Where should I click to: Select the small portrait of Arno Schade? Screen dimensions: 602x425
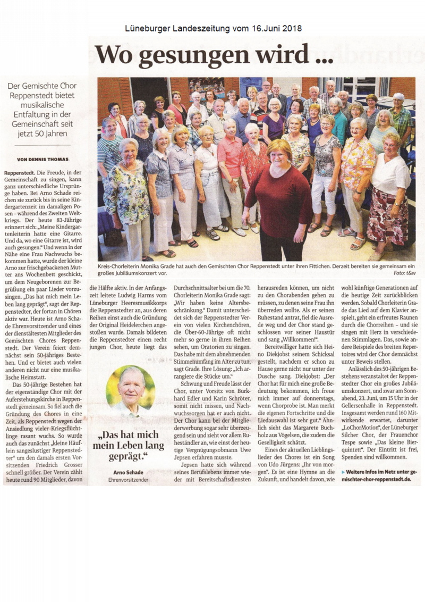[x=131, y=391]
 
